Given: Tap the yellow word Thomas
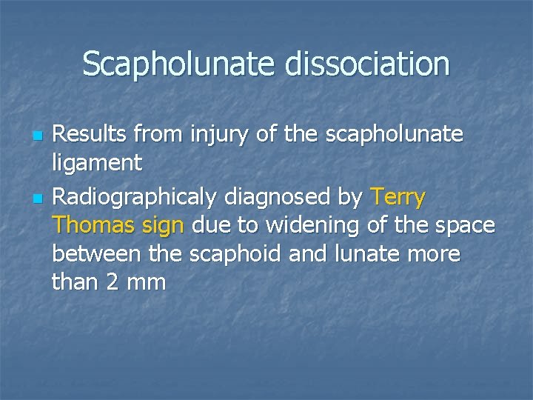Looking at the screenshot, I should (x=91, y=225).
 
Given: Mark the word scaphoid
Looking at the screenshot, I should (x=234, y=253).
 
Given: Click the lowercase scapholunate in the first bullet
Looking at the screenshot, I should (x=392, y=136).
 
